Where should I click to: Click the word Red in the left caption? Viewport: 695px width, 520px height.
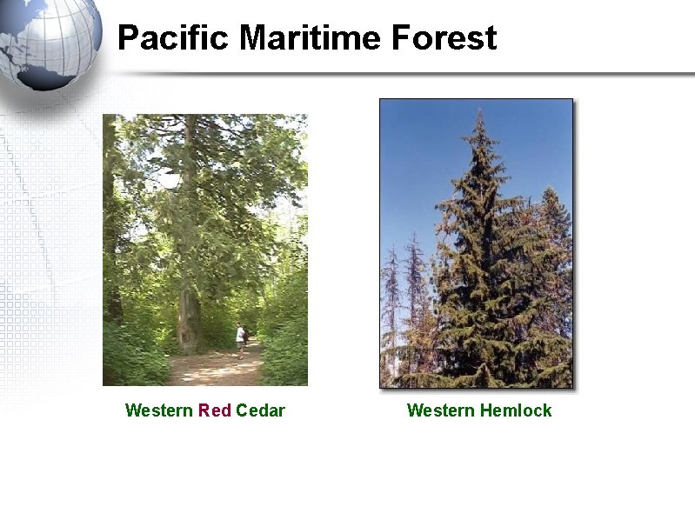(215, 410)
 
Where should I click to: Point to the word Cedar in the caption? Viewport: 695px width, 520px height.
(260, 410)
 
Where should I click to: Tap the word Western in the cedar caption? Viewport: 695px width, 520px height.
(159, 410)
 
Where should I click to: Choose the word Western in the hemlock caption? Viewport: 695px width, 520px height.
(440, 410)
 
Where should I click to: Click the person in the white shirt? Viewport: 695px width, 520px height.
(239, 337)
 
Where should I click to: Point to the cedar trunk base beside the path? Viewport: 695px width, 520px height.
(187, 335)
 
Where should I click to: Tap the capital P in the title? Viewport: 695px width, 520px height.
(127, 38)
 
